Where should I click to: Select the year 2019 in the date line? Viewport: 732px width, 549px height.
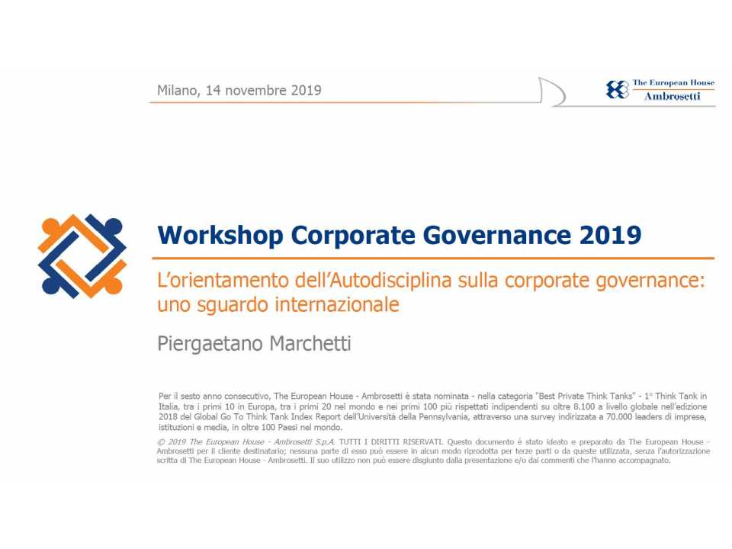click(306, 90)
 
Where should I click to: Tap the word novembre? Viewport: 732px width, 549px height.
click(255, 90)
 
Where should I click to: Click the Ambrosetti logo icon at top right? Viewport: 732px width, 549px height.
click(617, 90)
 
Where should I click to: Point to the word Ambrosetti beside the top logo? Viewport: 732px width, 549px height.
click(672, 97)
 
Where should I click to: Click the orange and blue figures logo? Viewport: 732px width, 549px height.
click(81, 255)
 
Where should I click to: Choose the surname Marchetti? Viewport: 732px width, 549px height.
click(308, 344)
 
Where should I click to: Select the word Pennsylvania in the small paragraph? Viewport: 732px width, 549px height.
click(403, 417)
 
